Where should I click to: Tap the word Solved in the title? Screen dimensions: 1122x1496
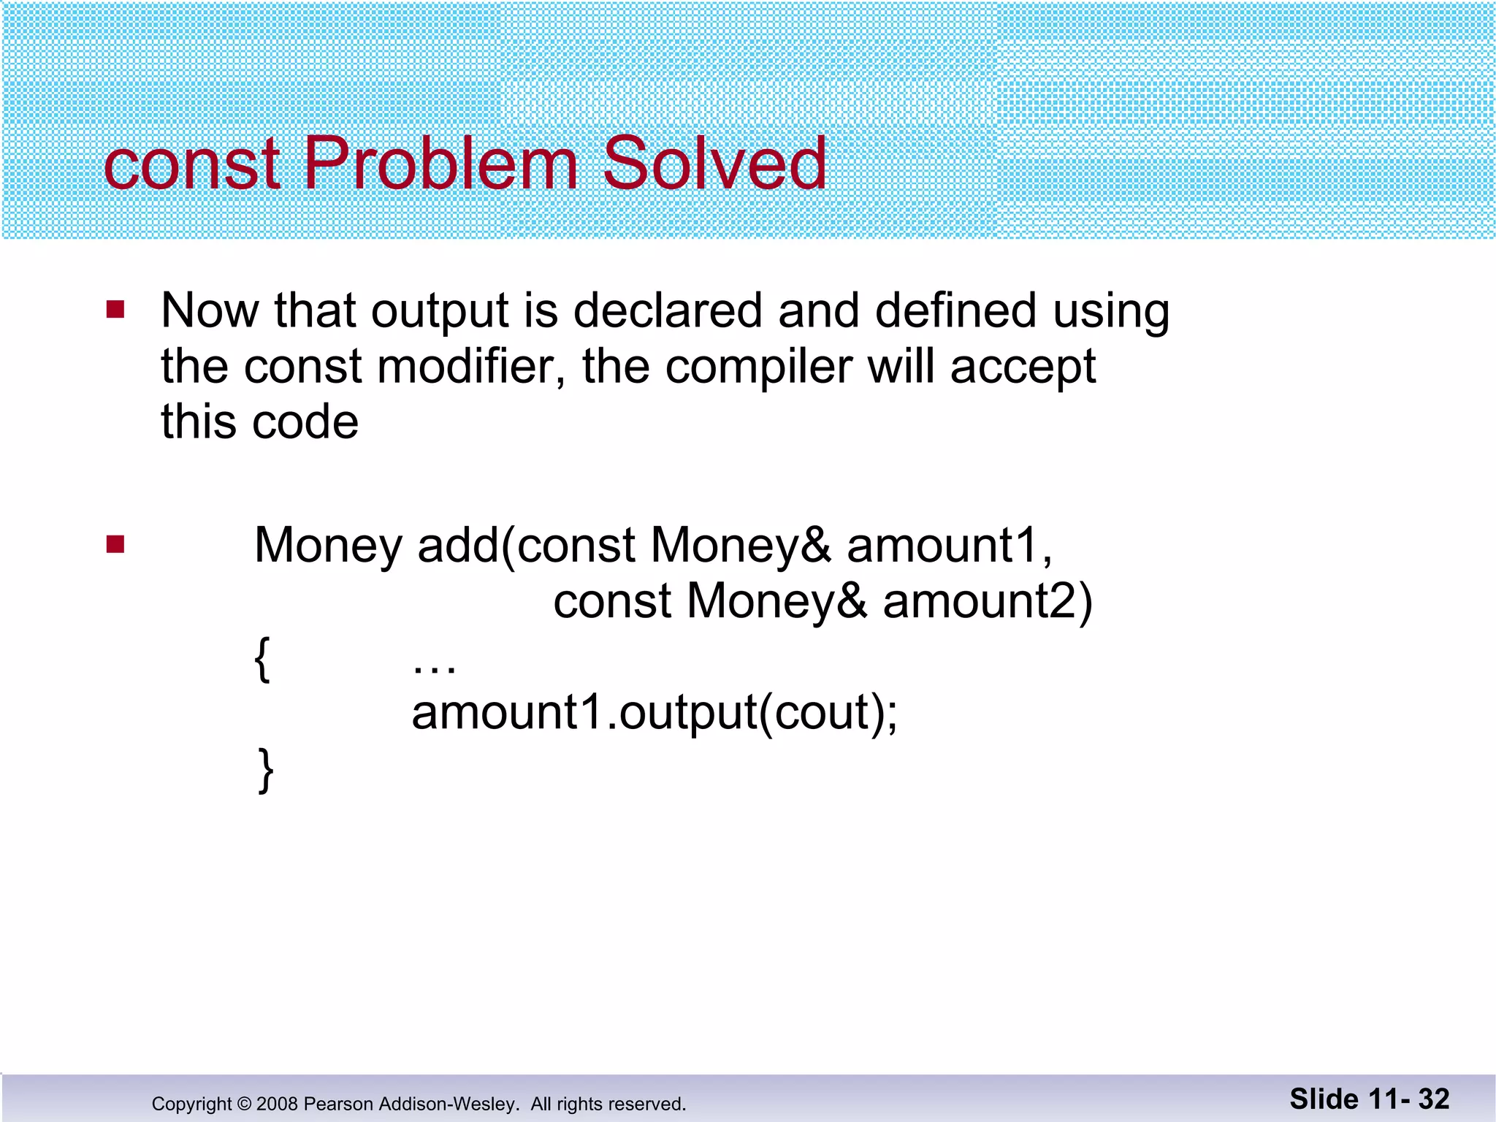click(714, 164)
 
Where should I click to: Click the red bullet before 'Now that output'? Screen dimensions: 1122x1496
click(115, 310)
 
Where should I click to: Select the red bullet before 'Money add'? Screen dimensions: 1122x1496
click(115, 545)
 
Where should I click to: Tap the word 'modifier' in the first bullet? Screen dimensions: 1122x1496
click(471, 366)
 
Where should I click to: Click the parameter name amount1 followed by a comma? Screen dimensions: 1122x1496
click(948, 546)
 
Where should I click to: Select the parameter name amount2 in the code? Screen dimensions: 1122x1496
click(986, 602)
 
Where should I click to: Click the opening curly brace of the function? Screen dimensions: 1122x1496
click(262, 660)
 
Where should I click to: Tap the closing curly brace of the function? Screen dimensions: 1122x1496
click(266, 770)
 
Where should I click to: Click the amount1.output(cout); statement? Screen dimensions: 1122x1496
click(654, 714)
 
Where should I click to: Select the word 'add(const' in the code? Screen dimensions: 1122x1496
click(526, 546)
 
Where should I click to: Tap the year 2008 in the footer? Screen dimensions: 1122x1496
click(277, 1104)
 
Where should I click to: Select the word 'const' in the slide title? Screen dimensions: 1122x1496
click(192, 165)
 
